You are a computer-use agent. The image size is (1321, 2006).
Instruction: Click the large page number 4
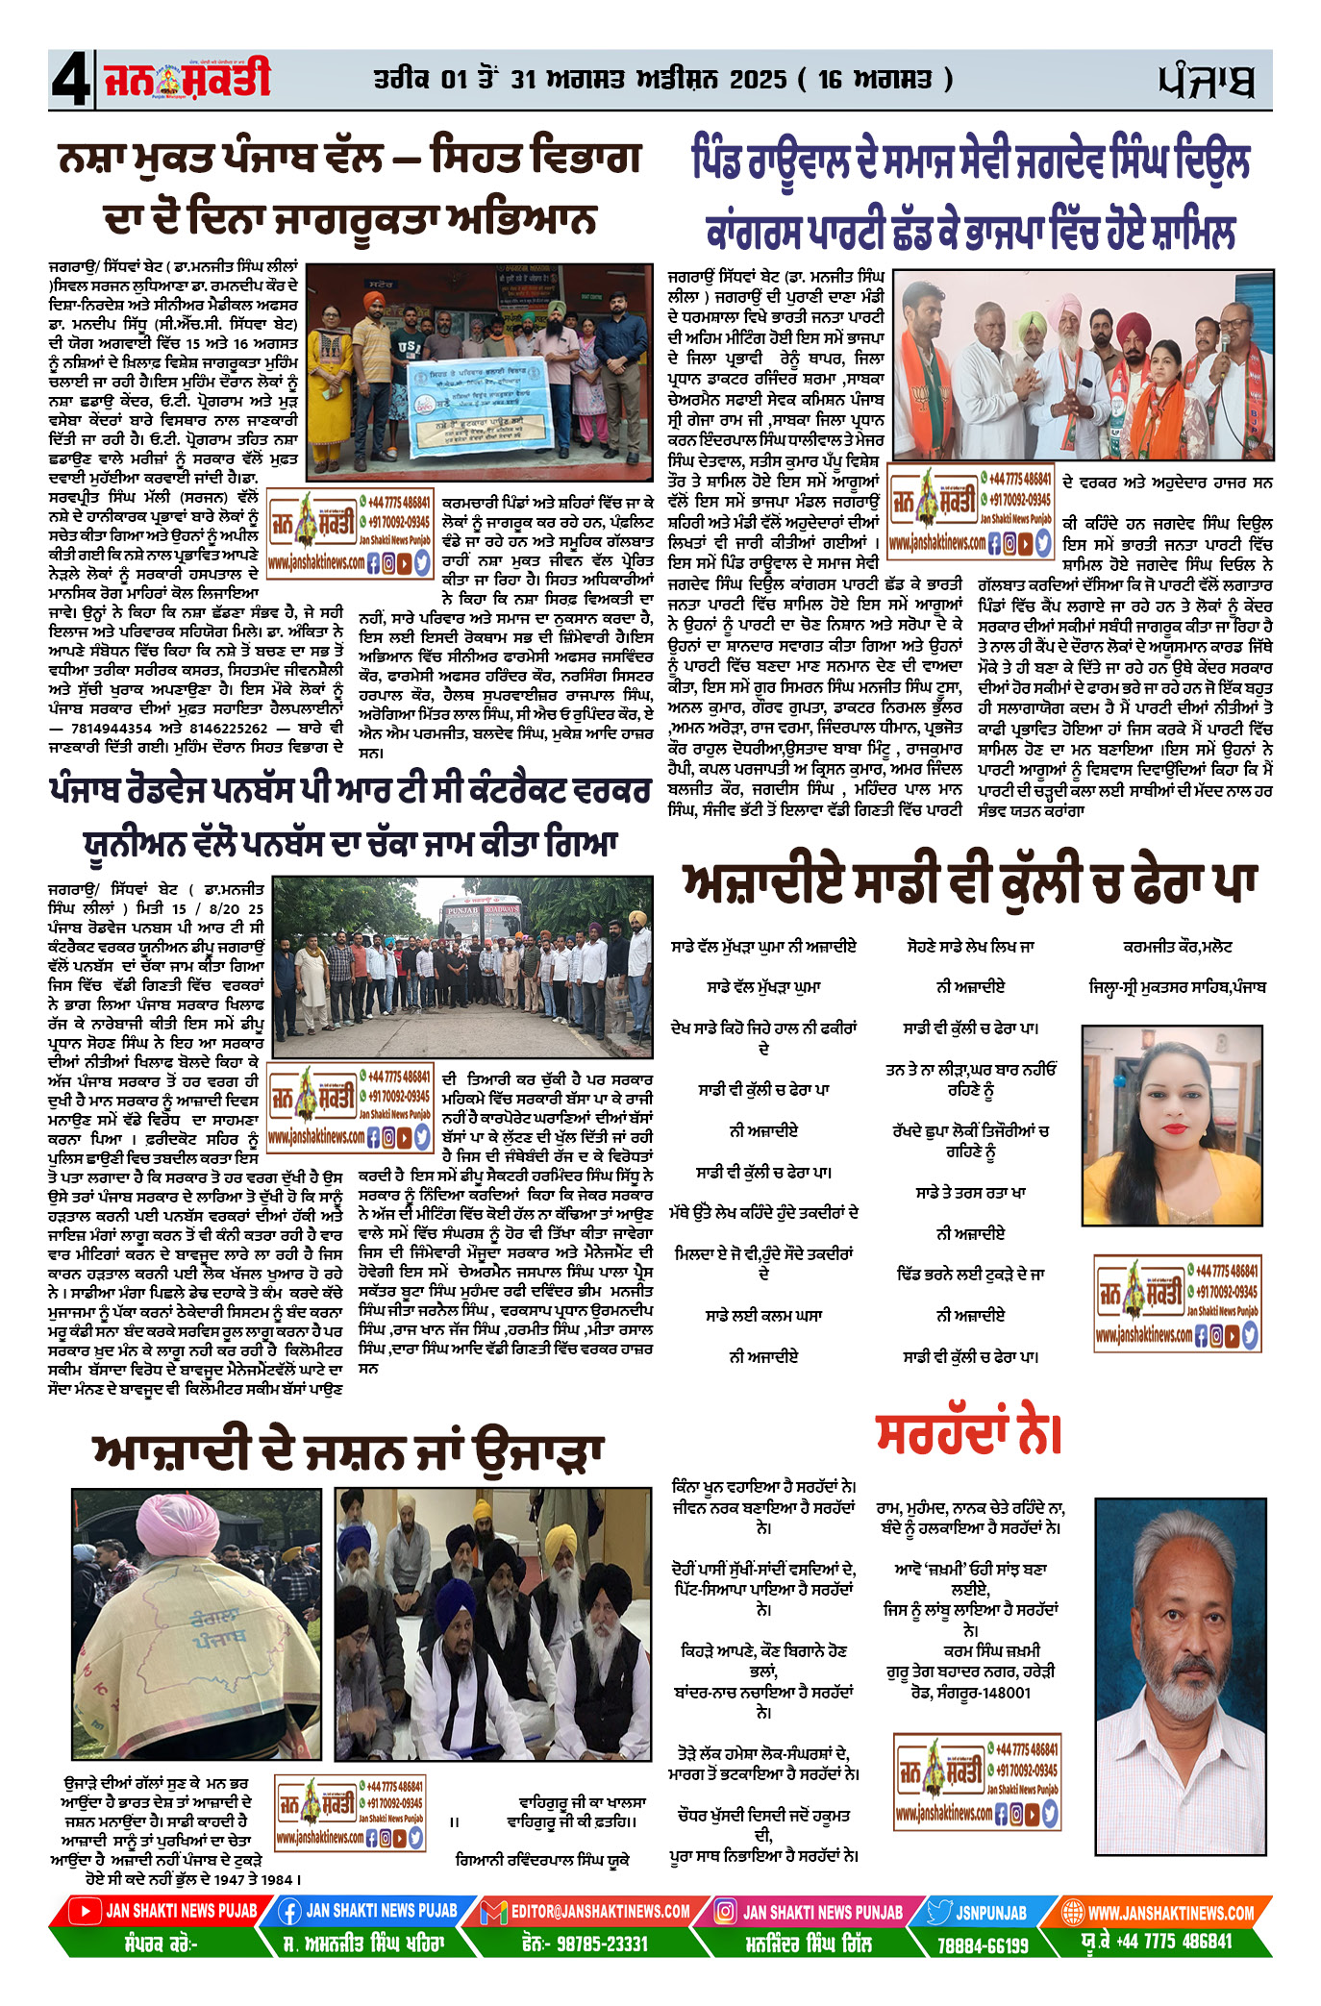click(70, 80)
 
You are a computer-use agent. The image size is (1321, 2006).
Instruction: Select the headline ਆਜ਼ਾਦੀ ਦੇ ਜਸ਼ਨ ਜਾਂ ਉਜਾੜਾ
click(347, 1452)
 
